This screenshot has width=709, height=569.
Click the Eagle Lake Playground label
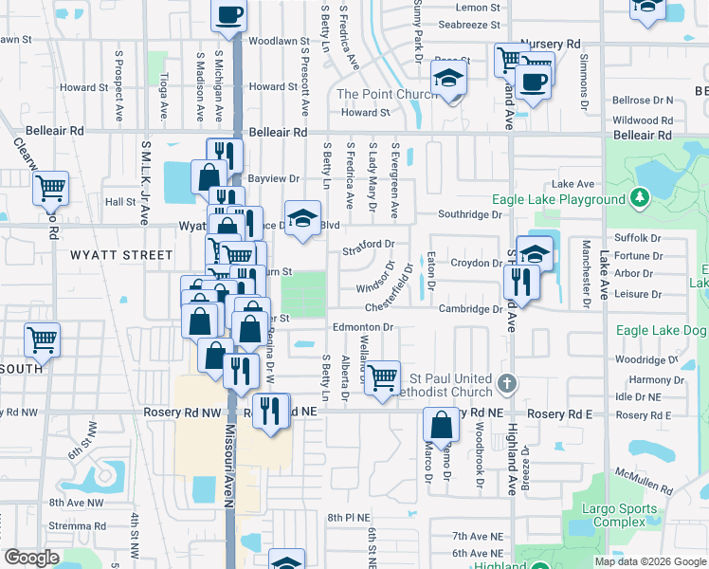558,199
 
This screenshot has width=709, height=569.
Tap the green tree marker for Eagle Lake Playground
642,198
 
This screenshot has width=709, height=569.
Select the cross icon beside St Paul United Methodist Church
508,383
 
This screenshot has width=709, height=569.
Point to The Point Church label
373,94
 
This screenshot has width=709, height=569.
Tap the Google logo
31,558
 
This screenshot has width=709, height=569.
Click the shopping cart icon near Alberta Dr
382,376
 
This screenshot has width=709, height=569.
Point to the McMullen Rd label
644,482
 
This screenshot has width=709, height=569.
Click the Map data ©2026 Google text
650,561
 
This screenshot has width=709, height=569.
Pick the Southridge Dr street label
470,214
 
